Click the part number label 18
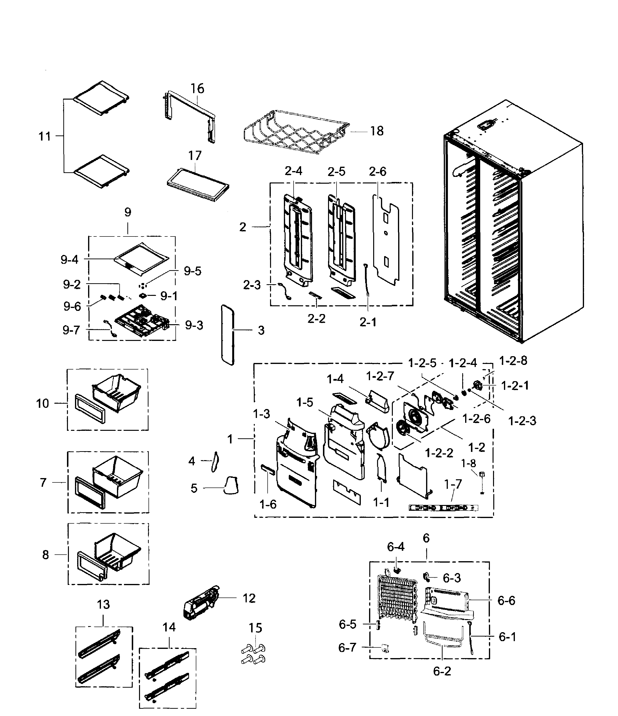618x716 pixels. click(377, 131)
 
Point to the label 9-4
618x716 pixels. click(70, 260)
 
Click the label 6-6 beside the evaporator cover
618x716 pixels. click(506, 601)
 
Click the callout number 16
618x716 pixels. click(197, 89)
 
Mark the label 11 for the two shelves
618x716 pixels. click(45, 136)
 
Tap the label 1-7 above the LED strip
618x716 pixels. click(453, 484)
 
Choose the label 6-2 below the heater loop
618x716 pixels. click(442, 671)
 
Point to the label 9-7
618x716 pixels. click(71, 330)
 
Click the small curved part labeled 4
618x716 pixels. click(214, 461)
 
